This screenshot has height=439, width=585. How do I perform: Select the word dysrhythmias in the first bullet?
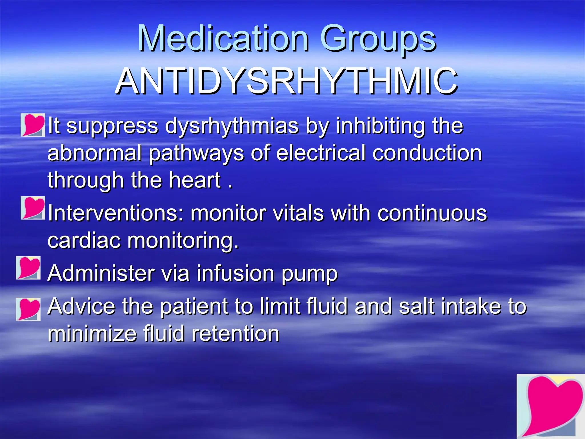point(232,126)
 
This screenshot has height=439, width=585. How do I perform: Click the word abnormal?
point(95,153)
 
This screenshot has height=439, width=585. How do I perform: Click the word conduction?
point(427,153)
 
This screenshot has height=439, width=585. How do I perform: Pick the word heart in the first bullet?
point(195,180)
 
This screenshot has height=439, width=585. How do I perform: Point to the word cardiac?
point(84,240)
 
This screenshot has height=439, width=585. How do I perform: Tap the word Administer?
point(101,273)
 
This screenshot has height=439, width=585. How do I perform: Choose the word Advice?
point(81,306)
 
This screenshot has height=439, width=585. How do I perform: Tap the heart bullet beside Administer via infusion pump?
point(28,268)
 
